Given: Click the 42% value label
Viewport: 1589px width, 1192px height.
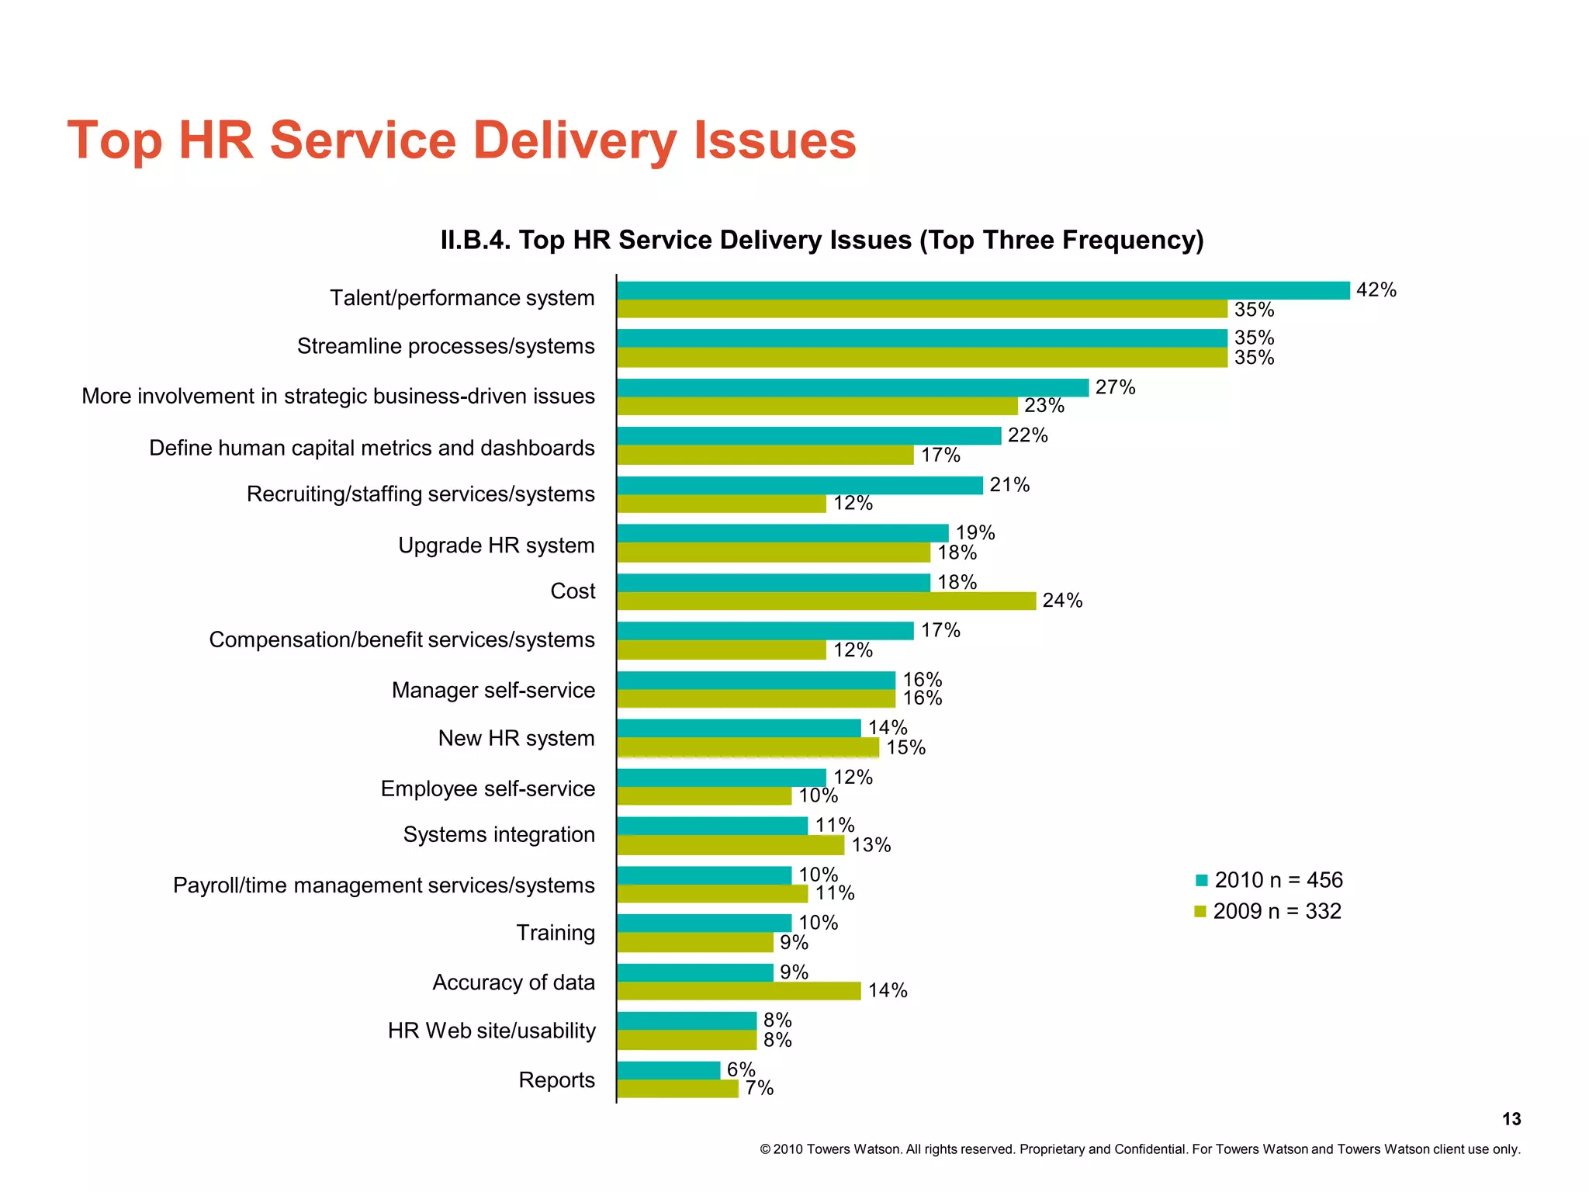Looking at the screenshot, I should pyautogui.click(x=1376, y=290).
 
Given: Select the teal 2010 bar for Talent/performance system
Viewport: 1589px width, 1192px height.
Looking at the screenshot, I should pyautogui.click(x=982, y=290).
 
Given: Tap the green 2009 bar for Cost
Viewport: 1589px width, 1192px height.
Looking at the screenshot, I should pyautogui.click(x=826, y=601).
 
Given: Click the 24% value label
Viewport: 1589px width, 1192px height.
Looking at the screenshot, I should pyautogui.click(x=1062, y=601).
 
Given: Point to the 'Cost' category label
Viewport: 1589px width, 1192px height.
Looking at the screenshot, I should pyautogui.click(x=573, y=591).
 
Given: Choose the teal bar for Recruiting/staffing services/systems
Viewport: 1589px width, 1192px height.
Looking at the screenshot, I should pyautogui.click(x=799, y=485).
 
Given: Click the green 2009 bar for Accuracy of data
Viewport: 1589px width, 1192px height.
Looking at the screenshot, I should pyautogui.click(x=739, y=991).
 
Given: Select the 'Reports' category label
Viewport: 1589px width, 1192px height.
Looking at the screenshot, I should pyautogui.click(x=556, y=1080).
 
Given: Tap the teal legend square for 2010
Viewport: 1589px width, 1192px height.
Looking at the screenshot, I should pyautogui.click(x=1202, y=880).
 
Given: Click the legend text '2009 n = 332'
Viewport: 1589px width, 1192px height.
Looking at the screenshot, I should pyautogui.click(x=1277, y=911).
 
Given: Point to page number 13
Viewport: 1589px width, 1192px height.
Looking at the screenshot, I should pyautogui.click(x=1511, y=1119).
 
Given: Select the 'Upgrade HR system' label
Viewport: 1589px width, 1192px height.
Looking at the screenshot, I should pyautogui.click(x=496, y=546).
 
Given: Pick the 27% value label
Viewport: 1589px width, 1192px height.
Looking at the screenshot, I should pyautogui.click(x=1115, y=387).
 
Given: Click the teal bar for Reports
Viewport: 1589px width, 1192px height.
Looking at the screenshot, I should pyautogui.click(x=668, y=1070).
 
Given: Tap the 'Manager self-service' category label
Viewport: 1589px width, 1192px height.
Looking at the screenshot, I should pyautogui.click(x=493, y=691).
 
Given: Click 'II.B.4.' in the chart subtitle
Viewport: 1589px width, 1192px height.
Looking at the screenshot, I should pyautogui.click(x=476, y=241).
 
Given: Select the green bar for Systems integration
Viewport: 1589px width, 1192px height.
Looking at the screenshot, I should pyautogui.click(x=730, y=845).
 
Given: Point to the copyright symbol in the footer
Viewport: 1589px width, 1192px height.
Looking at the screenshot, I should pyautogui.click(x=764, y=1149).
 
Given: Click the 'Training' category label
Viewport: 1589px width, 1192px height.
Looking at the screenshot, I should pyautogui.click(x=556, y=933).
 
